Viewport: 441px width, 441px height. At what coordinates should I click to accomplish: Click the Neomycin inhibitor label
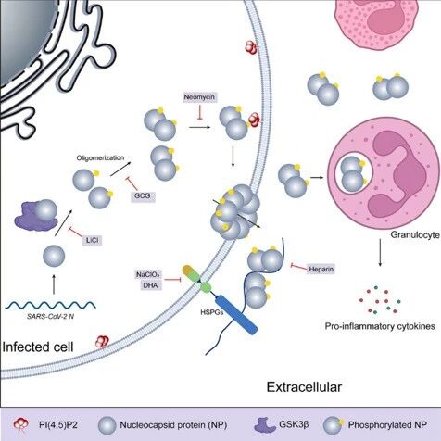(199, 97)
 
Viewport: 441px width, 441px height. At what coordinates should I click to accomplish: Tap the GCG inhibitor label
(143, 195)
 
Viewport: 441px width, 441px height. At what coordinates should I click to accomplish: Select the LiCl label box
(92, 240)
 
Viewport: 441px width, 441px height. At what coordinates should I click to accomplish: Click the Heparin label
(321, 269)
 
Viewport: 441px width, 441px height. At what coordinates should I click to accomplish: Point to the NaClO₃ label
(148, 274)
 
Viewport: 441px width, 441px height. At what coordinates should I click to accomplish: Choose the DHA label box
(150, 285)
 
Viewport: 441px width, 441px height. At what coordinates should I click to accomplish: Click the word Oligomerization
(100, 157)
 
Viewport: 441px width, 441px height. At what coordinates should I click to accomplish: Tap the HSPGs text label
(212, 312)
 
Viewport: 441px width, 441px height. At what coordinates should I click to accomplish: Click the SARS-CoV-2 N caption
(50, 316)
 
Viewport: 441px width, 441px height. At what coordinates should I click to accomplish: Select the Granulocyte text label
(415, 234)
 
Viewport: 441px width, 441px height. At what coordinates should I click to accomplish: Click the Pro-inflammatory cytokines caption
(380, 326)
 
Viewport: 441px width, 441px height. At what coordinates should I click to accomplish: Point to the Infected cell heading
(38, 346)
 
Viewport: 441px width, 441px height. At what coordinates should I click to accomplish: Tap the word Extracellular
(304, 387)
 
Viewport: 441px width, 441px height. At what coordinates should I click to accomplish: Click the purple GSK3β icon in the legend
(265, 425)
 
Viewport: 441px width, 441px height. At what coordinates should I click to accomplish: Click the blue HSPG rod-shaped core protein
(237, 314)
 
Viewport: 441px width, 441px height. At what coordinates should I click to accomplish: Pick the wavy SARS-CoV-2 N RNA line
(51, 305)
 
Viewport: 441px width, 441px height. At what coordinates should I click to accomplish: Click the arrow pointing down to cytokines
(380, 252)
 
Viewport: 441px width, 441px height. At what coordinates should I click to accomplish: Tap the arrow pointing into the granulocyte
(317, 178)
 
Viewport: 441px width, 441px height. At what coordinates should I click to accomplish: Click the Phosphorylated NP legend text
(387, 425)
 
